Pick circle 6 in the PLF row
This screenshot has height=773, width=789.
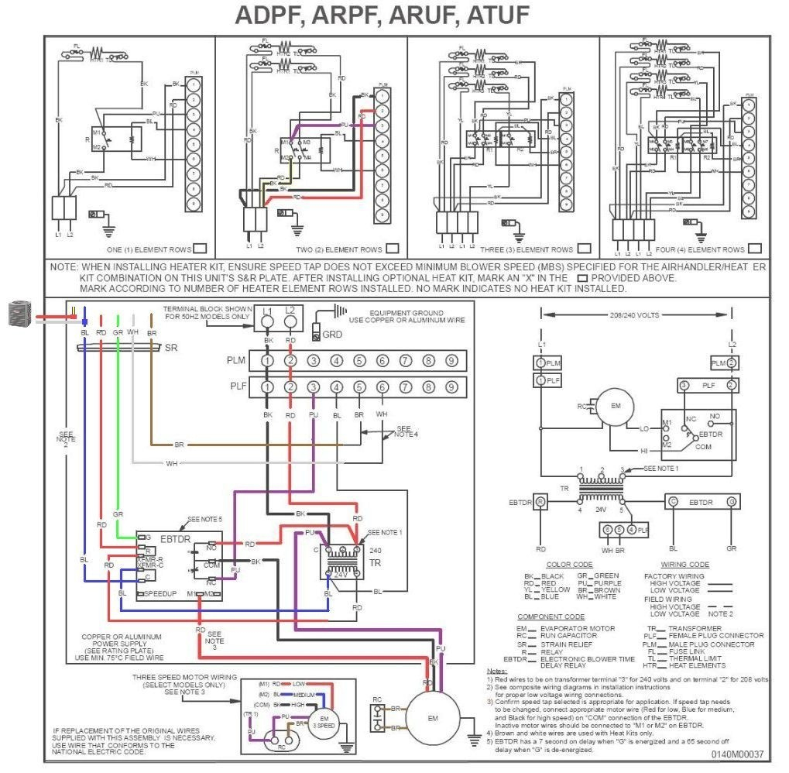382,386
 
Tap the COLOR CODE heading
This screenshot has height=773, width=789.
568,565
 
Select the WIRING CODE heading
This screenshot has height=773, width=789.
685,565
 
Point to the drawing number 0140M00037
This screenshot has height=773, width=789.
738,754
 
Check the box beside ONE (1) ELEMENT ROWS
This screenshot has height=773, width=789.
199,249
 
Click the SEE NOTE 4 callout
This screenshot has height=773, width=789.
406,431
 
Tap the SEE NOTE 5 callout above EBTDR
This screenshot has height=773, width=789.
204,520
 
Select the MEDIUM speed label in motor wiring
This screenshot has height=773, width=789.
304,694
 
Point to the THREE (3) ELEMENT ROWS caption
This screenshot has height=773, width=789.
527,250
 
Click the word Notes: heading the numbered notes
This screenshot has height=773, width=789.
496,670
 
